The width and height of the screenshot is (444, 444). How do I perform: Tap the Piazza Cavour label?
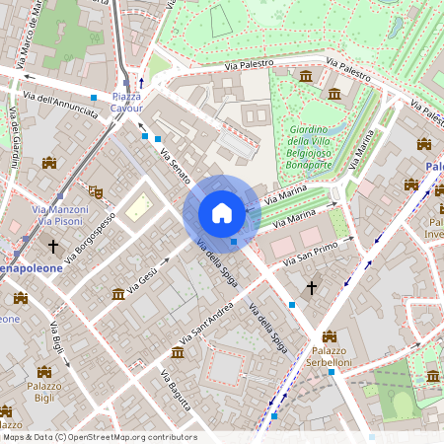[126, 103]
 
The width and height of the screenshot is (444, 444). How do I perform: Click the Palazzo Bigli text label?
[44, 393]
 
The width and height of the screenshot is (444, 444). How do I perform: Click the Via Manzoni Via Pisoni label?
[59, 215]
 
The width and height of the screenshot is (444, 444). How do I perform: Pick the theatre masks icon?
[95, 192]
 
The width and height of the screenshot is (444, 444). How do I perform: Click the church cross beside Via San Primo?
[312, 287]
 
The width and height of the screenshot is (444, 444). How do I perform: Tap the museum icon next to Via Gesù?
[118, 293]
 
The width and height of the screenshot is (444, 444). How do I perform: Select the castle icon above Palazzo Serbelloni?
[330, 336]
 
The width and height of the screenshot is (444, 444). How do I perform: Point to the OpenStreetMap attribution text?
[99, 437]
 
